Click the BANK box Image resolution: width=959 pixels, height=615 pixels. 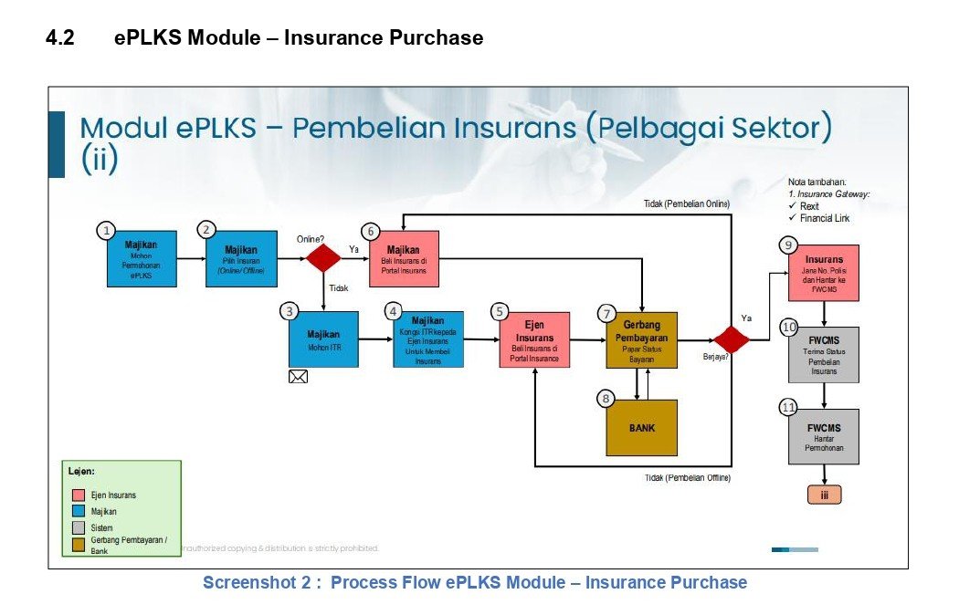642,428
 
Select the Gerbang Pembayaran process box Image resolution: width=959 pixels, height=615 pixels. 641,340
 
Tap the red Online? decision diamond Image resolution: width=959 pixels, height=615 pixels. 323,258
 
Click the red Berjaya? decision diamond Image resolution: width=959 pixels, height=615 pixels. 731,339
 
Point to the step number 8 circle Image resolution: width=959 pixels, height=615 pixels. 606,399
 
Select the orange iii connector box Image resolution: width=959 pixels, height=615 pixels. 824,495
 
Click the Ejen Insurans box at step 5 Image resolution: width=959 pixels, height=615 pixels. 534,340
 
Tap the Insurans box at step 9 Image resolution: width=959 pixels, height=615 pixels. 824,273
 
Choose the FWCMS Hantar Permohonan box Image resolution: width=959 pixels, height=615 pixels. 824,437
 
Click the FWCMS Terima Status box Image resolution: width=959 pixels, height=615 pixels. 824,354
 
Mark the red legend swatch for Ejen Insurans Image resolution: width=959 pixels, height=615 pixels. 78,495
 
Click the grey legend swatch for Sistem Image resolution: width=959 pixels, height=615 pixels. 78,527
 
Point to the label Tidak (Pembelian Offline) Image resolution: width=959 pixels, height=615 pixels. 687,478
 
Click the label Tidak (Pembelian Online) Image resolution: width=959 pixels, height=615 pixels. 686,203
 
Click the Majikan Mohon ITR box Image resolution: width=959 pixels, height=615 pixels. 323,340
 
